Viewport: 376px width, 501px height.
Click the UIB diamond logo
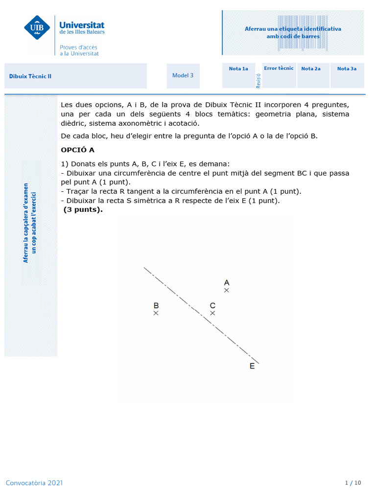37,27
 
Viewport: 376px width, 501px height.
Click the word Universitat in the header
82,24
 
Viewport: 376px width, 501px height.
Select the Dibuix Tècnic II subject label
30,76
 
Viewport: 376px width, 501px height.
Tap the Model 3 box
183,75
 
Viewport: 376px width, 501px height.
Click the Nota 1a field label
238,68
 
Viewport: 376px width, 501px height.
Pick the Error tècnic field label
279,68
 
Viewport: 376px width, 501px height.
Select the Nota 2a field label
311,68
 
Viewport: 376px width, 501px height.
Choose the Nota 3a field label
347,68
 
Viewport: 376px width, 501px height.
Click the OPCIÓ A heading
77,150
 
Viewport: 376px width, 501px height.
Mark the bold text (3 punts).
83,210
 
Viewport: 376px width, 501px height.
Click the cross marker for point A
226,291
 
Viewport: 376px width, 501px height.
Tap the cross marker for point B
156,313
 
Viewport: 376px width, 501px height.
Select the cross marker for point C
212,313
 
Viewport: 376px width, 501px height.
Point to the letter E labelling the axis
252,366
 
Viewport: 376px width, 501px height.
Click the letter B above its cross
156,305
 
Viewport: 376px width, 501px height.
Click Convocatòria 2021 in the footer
34,483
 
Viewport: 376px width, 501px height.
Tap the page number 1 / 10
353,483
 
